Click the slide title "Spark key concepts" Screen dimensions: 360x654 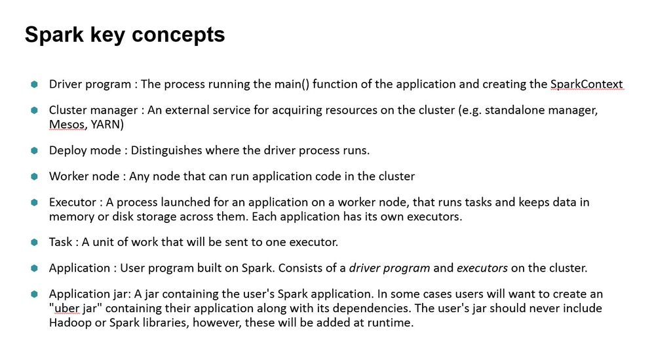pyautogui.click(x=125, y=34)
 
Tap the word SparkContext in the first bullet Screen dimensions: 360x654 pyautogui.click(x=586, y=84)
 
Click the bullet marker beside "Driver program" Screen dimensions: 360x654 pyautogui.click(x=34, y=84)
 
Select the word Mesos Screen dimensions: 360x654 pyautogui.click(x=67, y=124)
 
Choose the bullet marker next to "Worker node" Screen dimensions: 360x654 pyautogui.click(x=34, y=176)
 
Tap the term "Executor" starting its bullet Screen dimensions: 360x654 pyautogui.click(x=72, y=202)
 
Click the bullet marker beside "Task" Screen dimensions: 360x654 pyautogui.click(x=34, y=242)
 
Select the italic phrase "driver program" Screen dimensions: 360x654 pyautogui.click(x=389, y=268)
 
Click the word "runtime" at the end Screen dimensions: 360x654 pyautogui.click(x=390, y=322)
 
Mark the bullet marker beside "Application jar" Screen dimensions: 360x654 pyautogui.click(x=34, y=294)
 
